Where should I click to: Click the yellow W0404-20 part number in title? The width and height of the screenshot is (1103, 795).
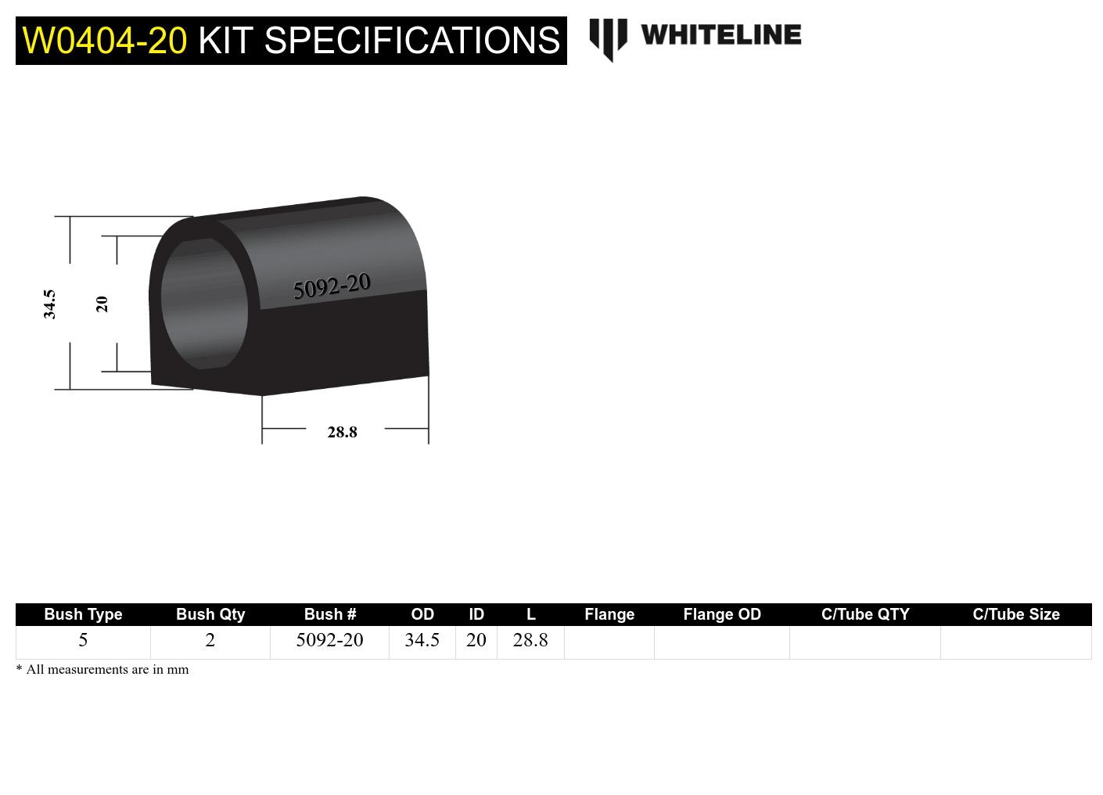[x=105, y=41]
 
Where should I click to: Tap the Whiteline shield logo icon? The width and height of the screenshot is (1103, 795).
[x=608, y=38]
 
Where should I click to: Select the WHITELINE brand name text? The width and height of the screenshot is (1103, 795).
[x=720, y=35]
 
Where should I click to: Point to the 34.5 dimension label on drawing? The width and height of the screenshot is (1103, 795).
[x=49, y=304]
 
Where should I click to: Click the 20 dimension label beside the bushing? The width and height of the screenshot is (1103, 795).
[x=102, y=304]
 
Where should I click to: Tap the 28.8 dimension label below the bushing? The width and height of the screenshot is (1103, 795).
[x=342, y=432]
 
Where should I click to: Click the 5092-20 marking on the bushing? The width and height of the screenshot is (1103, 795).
[x=332, y=286]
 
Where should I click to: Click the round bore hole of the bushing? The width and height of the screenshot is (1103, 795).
[x=204, y=304]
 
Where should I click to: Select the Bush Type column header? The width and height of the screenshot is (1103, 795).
[x=83, y=614]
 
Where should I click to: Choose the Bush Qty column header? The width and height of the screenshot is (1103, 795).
[x=210, y=614]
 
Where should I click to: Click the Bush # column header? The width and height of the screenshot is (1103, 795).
[x=329, y=614]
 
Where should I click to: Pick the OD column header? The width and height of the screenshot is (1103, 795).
[x=422, y=614]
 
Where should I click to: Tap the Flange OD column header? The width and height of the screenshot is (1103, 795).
[x=721, y=614]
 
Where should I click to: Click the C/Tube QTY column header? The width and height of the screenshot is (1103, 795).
[x=865, y=614]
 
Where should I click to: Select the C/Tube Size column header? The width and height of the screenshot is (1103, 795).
[x=1015, y=614]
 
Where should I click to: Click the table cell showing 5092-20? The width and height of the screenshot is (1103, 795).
[x=329, y=640]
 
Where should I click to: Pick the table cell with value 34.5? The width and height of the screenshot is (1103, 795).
[x=422, y=640]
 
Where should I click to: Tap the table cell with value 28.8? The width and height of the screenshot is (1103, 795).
[x=530, y=640]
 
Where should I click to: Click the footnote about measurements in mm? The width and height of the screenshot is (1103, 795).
[x=102, y=670]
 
